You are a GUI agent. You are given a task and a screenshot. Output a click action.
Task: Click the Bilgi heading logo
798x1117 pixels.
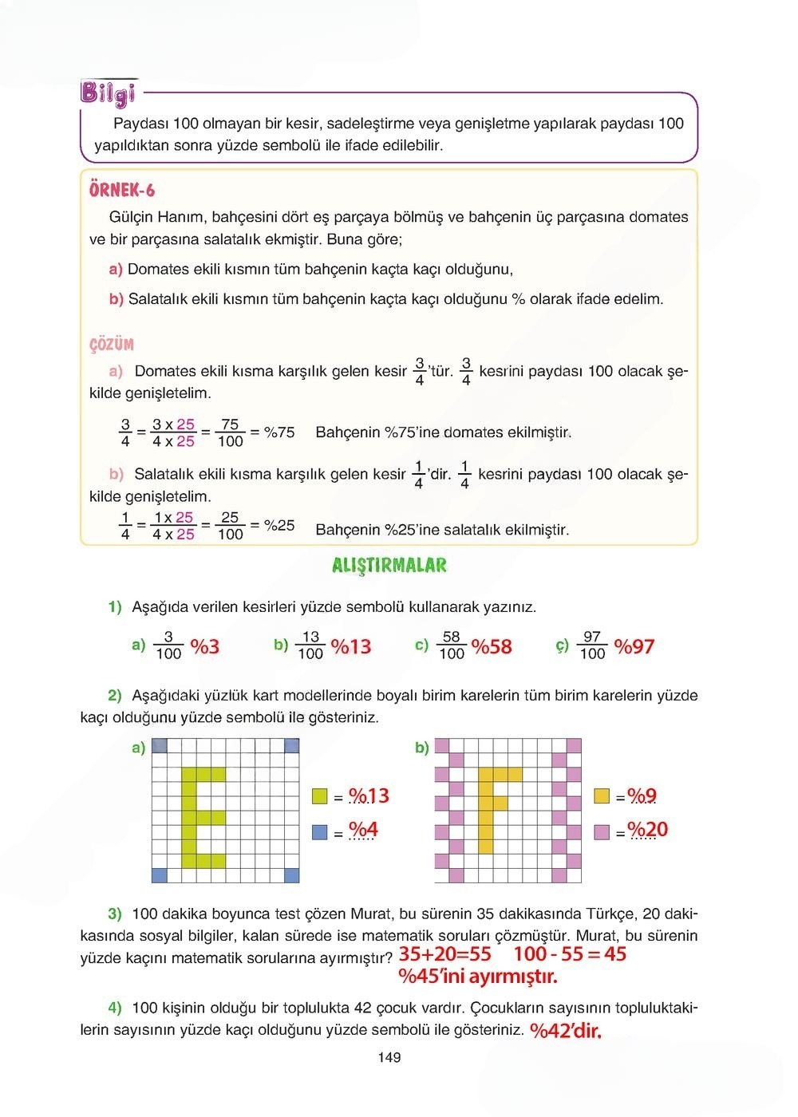[108, 93]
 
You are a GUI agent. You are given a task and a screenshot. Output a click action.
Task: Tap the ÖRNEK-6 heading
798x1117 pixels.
[122, 190]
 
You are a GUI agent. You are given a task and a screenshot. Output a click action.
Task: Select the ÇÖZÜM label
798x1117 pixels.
[112, 345]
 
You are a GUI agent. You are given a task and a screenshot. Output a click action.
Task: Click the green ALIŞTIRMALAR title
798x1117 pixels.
[389, 566]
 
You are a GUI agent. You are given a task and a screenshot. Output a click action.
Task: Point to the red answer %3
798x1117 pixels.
[205, 646]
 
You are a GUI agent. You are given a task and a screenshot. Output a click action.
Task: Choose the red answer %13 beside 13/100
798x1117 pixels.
[351, 646]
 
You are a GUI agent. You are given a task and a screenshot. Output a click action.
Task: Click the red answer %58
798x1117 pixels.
[492, 646]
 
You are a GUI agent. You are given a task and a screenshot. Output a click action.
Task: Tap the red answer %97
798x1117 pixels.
[634, 646]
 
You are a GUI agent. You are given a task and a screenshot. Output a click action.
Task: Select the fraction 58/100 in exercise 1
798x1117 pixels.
[452, 645]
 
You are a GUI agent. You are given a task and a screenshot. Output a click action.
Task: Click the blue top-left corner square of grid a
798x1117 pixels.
[160, 746]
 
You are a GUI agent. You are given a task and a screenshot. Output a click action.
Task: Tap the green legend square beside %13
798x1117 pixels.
[320, 796]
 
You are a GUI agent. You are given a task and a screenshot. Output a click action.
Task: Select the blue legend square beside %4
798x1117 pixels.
[320, 832]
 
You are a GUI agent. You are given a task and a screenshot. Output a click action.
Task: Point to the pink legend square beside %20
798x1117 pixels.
[602, 832]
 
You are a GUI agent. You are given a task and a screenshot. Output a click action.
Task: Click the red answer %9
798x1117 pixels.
[642, 795]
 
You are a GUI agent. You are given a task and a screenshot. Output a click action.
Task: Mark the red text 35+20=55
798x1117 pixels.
[445, 954]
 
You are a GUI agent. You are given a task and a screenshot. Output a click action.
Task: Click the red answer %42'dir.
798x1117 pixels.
[566, 1031]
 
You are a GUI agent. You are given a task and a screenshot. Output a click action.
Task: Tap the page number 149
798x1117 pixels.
[389, 1058]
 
